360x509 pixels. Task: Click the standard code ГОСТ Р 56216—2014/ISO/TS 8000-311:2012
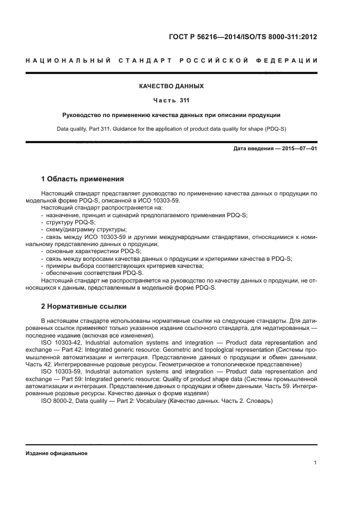pyautogui.click(x=243, y=38)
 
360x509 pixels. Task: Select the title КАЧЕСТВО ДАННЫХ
pyautogui.click(x=172, y=86)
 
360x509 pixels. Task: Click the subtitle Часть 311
pyautogui.click(x=172, y=100)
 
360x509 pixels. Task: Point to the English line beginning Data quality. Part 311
pyautogui.click(x=172, y=129)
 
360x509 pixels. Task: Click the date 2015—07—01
pyautogui.click(x=298, y=149)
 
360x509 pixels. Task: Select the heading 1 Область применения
pyautogui.click(x=82, y=179)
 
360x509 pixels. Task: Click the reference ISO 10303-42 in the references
pyautogui.click(x=60, y=342)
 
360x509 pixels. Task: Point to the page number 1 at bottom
pyautogui.click(x=315, y=463)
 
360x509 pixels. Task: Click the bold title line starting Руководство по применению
pyautogui.click(x=172, y=115)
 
